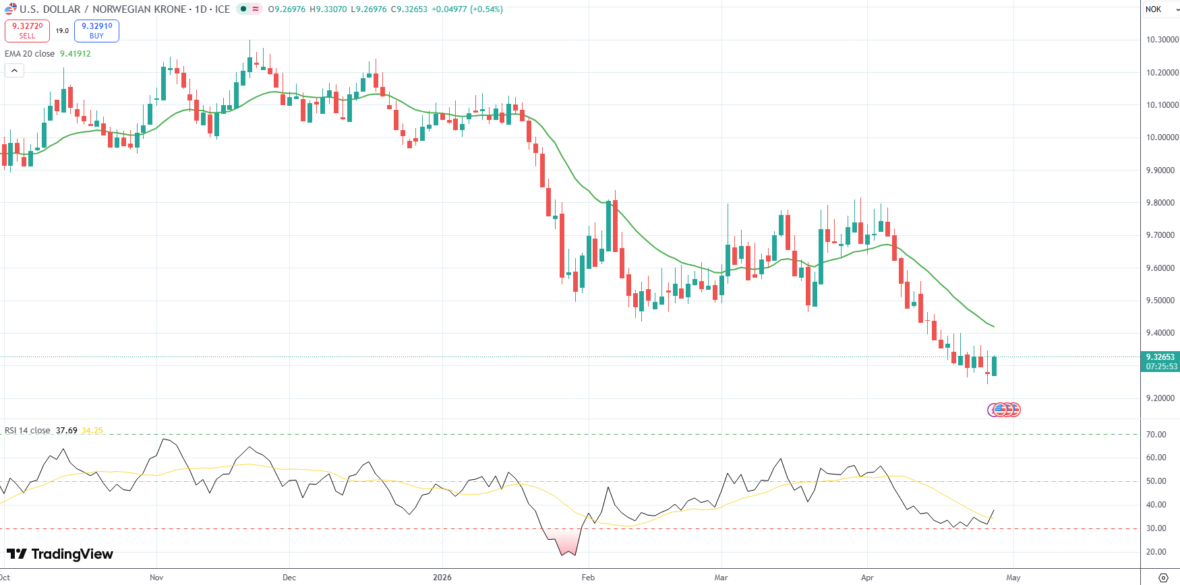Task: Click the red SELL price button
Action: tap(27, 31)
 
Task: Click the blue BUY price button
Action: tap(96, 31)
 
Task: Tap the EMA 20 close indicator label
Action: tap(30, 54)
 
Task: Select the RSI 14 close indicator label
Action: tap(28, 431)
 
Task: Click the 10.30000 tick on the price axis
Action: tap(1162, 40)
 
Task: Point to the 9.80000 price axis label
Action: tap(1162, 203)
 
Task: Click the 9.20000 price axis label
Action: tap(1162, 398)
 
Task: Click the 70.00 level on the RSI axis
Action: tap(1156, 435)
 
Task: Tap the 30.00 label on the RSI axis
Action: tap(1156, 528)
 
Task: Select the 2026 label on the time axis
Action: tap(442, 578)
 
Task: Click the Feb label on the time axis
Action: tap(588, 578)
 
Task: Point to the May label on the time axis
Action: tap(1013, 578)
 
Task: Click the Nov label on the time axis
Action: tap(156, 578)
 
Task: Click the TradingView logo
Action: tap(60, 554)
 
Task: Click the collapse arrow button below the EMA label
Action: tap(14, 70)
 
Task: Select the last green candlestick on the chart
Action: tap(994, 366)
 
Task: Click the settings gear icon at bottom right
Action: tap(1163, 578)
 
